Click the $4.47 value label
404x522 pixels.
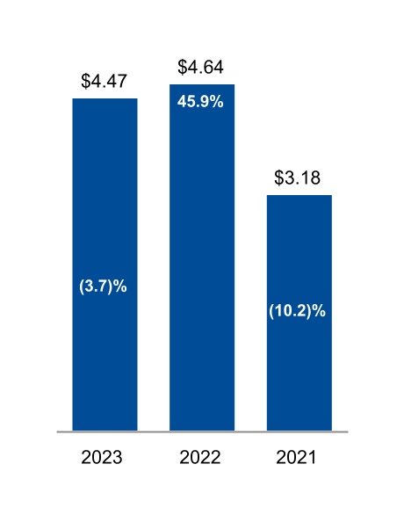[105, 82]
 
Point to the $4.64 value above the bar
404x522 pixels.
[201, 67]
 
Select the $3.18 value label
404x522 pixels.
[299, 178]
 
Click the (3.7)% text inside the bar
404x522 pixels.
[105, 286]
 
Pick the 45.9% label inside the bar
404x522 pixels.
[201, 101]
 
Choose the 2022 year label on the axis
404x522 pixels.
[201, 458]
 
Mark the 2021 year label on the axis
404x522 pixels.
[299, 458]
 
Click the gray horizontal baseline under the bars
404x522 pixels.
[202, 431]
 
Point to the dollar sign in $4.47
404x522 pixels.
[85, 82]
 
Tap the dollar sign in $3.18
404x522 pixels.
[279, 178]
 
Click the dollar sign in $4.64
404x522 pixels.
[182, 67]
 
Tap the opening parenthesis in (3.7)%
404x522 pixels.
[84, 286]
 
